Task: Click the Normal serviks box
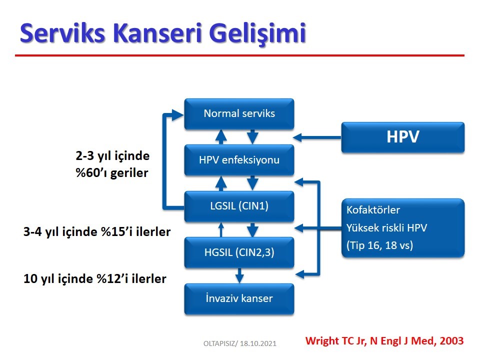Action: (239, 113)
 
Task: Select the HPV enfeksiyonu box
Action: (239, 160)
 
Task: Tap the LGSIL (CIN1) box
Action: (239, 206)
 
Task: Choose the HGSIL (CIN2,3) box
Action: (239, 252)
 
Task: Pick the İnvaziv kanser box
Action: (239, 299)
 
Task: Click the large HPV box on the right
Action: (403, 137)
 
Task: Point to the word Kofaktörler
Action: (373, 210)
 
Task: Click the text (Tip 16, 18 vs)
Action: (379, 245)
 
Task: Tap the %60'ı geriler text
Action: (111, 173)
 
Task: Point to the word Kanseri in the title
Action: (157, 33)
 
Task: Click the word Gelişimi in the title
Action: (258, 33)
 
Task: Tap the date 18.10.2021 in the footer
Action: (258, 343)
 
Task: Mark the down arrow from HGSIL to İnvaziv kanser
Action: (239, 275)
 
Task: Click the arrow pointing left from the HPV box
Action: (317, 137)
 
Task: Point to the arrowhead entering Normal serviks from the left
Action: (178, 115)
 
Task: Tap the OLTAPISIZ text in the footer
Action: (219, 343)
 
